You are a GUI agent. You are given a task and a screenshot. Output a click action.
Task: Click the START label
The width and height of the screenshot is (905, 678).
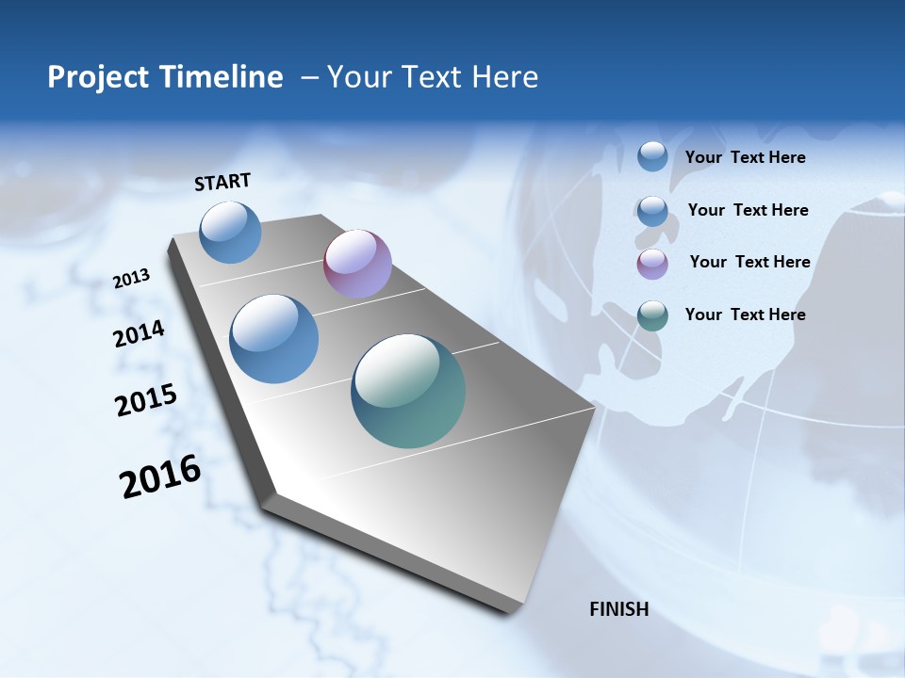click(222, 182)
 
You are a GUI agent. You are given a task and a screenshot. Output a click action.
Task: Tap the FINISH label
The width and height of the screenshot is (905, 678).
click(618, 609)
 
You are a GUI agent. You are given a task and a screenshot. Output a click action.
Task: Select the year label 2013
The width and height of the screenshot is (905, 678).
click(132, 279)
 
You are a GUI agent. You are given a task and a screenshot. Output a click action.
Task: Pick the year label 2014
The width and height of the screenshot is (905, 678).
click(139, 334)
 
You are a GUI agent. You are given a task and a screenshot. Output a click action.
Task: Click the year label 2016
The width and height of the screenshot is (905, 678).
click(160, 476)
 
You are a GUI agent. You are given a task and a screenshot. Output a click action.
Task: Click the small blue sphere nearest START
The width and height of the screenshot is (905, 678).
click(231, 232)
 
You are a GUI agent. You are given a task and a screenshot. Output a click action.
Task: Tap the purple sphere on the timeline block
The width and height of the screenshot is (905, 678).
click(357, 264)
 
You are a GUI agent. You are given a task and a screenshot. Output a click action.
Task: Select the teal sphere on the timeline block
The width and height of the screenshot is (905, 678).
click(408, 391)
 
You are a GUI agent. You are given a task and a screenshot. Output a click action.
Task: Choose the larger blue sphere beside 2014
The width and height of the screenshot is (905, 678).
click(274, 339)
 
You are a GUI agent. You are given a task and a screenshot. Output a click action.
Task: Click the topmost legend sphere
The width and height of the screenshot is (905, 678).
click(652, 156)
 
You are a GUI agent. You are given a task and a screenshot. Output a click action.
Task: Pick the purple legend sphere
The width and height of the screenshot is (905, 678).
click(652, 264)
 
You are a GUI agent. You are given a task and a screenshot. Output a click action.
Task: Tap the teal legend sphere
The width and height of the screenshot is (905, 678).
click(652, 315)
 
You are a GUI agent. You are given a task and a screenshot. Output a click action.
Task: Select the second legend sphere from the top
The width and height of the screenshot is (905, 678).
click(652, 211)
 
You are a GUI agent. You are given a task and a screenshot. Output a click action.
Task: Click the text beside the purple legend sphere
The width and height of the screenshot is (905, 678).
click(749, 262)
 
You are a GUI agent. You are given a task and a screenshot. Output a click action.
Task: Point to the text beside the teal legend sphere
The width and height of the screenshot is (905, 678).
click(745, 315)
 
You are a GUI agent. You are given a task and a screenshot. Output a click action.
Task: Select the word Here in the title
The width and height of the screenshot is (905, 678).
click(504, 77)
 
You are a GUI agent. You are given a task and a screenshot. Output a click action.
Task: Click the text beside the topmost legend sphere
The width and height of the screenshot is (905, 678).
click(745, 157)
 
